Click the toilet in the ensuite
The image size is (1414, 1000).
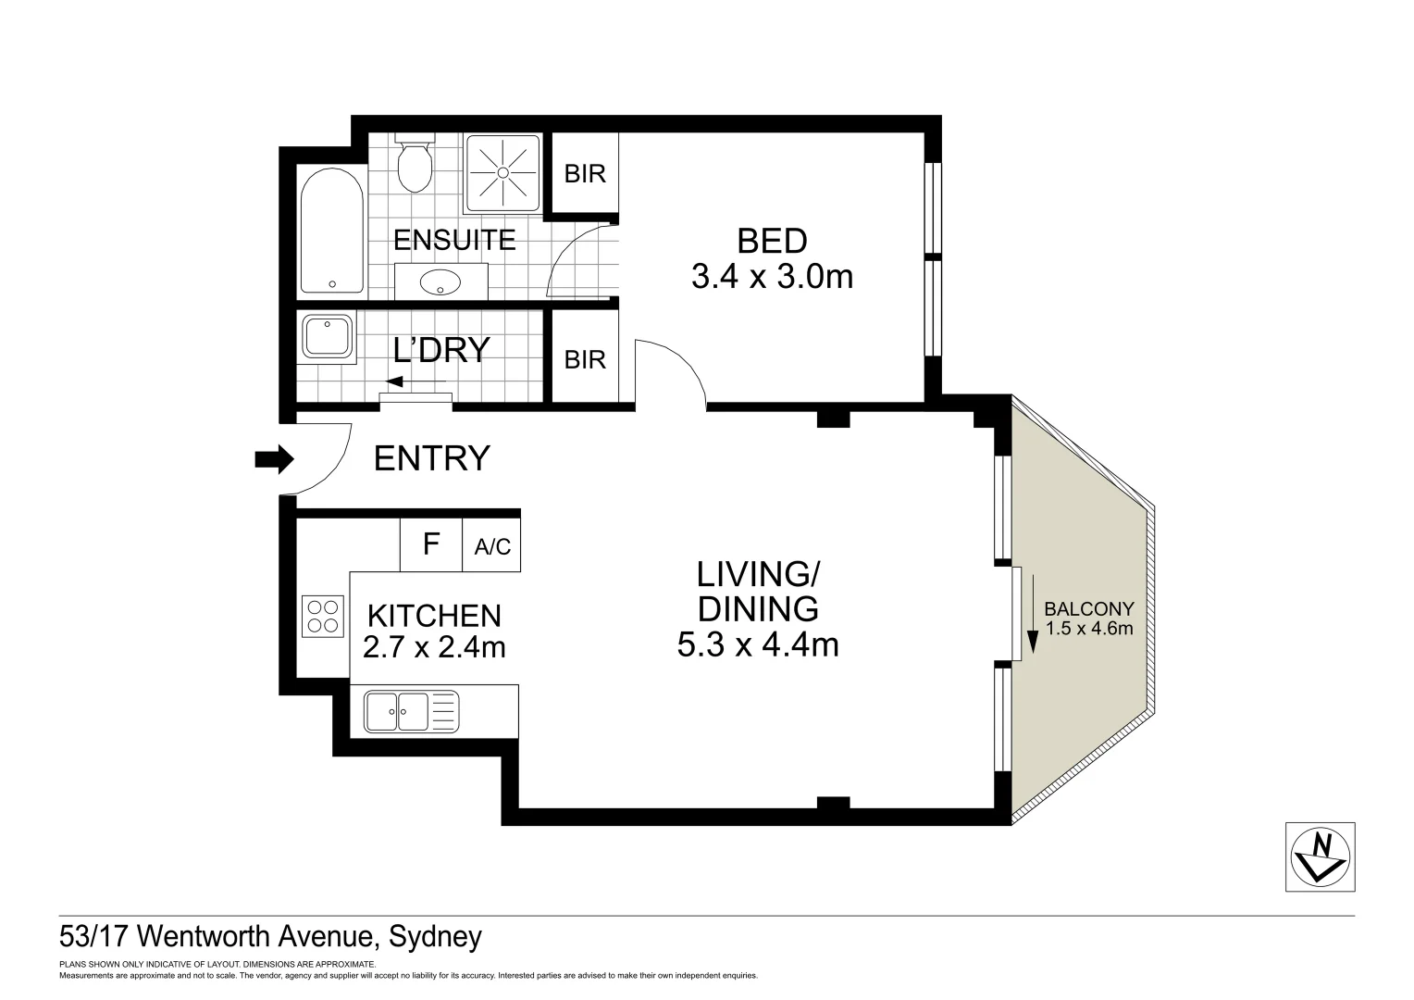[x=414, y=165]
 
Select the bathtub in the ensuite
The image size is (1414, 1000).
[x=331, y=231]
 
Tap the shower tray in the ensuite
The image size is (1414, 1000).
[x=502, y=172]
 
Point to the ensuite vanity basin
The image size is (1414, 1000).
[x=440, y=281]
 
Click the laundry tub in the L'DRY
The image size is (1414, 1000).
[x=326, y=336]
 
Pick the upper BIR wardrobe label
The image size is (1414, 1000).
[x=585, y=173]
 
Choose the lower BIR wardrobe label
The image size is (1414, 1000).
[x=585, y=359]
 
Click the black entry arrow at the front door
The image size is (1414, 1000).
[x=275, y=458]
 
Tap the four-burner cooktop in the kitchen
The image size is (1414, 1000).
[x=322, y=617]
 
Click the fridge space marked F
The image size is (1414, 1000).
[x=430, y=544]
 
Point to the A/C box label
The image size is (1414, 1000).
[x=492, y=547]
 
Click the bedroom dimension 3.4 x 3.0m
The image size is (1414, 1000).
[x=772, y=276]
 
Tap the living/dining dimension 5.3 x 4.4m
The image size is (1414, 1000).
[x=758, y=644]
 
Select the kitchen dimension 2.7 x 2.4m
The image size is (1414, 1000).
[x=434, y=647]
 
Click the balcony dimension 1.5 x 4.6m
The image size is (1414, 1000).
[x=1088, y=628]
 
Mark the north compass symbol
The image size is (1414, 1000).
[x=1321, y=856]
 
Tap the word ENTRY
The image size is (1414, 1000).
[x=431, y=458]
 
